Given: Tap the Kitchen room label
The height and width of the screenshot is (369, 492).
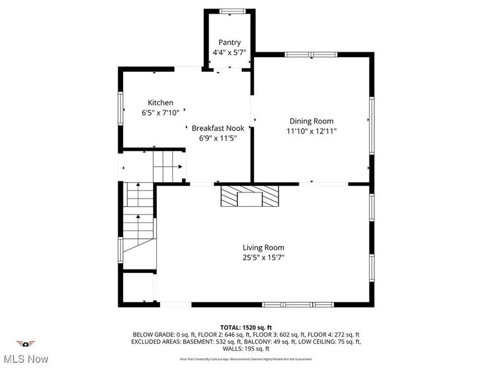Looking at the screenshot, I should [x=160, y=103].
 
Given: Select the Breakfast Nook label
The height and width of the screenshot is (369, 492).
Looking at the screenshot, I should [x=218, y=128].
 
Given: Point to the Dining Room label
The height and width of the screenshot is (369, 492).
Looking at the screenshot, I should [x=311, y=121].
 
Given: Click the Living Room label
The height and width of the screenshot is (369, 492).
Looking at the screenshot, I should [x=263, y=248].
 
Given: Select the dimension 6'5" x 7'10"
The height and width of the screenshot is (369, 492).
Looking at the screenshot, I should [x=160, y=113].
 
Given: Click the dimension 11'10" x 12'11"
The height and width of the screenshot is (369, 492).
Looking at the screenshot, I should [x=311, y=131].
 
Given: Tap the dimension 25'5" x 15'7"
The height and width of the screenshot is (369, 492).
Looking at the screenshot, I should [x=263, y=258].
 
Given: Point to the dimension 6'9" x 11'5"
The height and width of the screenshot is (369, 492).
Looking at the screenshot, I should [x=218, y=138].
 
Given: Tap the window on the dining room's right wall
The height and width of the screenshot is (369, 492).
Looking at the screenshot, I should [x=371, y=126].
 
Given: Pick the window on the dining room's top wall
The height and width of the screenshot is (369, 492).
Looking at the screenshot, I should [x=311, y=55].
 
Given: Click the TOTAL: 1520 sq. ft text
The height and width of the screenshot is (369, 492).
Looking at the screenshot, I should [x=246, y=327].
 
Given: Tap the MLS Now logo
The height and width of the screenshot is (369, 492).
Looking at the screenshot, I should [x=25, y=351].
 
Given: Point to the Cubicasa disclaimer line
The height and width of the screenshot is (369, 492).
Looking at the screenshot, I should [x=246, y=359].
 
